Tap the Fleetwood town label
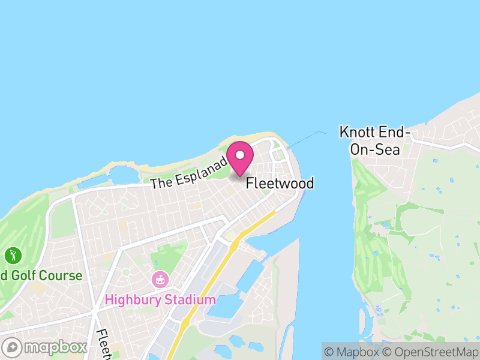[280, 183]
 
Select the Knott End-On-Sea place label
[374, 140]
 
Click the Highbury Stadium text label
[160, 299]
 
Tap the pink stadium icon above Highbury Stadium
[160, 279]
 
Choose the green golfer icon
[13, 256]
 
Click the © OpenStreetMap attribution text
[432, 352]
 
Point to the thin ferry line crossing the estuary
[306, 137]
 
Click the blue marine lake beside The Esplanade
[123, 175]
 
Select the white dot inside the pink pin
[240, 155]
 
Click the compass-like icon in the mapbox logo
[13, 347]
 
